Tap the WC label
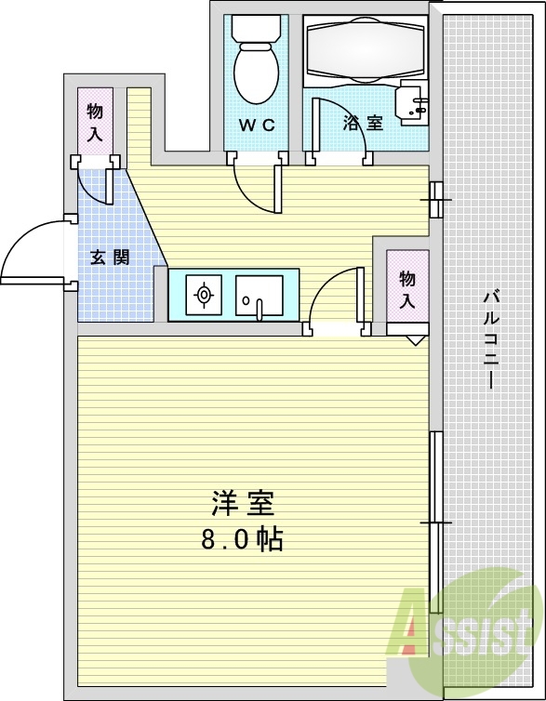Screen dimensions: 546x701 [x=257, y=126]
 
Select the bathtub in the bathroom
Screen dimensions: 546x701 [x=365, y=50]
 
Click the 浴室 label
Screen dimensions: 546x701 [x=363, y=123]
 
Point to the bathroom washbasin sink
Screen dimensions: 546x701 [x=414, y=103]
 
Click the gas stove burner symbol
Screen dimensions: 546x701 [x=204, y=295]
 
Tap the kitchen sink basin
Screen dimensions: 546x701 [x=259, y=296]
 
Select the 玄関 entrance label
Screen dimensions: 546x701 [x=110, y=258]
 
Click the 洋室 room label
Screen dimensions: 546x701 [x=243, y=503]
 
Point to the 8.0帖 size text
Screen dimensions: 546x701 [x=242, y=539]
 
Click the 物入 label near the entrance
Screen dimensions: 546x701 [x=94, y=122]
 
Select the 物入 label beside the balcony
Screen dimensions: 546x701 [x=407, y=289]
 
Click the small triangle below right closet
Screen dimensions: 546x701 [x=417, y=340]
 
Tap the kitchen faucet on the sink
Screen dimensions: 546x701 [x=259, y=311]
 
